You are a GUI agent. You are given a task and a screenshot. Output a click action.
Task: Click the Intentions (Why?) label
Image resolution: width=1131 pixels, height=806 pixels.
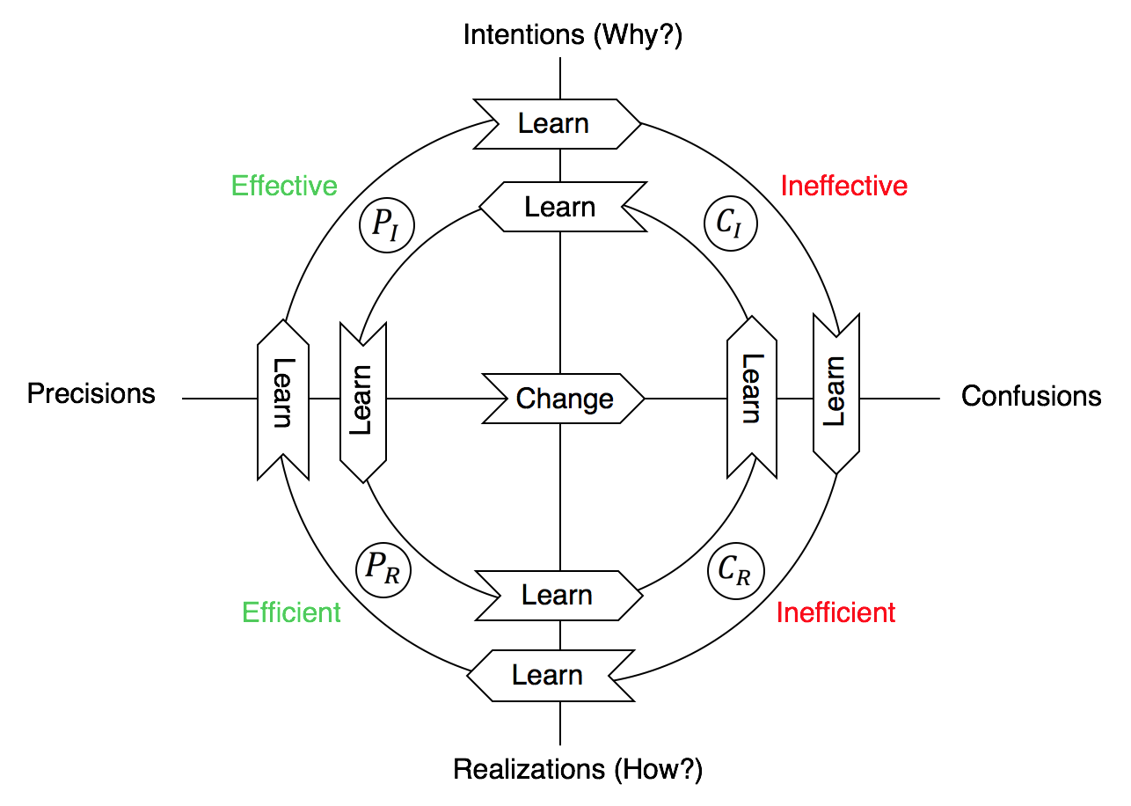(x=573, y=35)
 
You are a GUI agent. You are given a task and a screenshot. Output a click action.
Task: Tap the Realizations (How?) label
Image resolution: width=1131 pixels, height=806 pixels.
(x=578, y=769)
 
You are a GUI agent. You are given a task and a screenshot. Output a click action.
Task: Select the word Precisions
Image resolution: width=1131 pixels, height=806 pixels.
(x=91, y=393)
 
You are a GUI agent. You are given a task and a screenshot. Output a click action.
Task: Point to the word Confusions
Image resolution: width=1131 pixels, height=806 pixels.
(x=1031, y=396)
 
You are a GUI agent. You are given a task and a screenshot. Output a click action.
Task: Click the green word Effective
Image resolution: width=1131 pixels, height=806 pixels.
(x=284, y=186)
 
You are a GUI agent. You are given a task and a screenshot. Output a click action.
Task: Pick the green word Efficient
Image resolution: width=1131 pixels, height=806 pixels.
(x=291, y=612)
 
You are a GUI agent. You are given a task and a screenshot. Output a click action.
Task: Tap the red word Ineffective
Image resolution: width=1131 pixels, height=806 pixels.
(x=844, y=186)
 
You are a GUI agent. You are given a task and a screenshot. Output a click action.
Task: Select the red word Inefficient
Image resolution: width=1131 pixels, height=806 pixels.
(x=835, y=612)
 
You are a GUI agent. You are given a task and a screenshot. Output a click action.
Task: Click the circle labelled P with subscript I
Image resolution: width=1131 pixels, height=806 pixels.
(x=386, y=226)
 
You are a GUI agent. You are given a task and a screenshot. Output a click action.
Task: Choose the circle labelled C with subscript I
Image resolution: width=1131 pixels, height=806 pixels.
(x=730, y=226)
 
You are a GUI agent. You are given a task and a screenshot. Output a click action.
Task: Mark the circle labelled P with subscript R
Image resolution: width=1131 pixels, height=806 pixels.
(x=383, y=569)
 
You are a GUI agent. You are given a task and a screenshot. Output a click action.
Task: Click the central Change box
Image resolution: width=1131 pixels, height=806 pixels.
(x=564, y=399)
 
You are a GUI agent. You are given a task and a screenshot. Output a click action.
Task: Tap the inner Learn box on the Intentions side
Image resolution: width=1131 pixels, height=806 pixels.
(x=559, y=208)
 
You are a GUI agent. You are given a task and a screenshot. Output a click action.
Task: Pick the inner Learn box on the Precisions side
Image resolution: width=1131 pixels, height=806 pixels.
(x=363, y=401)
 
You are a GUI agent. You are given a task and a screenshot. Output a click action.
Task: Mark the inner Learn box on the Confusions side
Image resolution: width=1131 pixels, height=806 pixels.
(x=752, y=398)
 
